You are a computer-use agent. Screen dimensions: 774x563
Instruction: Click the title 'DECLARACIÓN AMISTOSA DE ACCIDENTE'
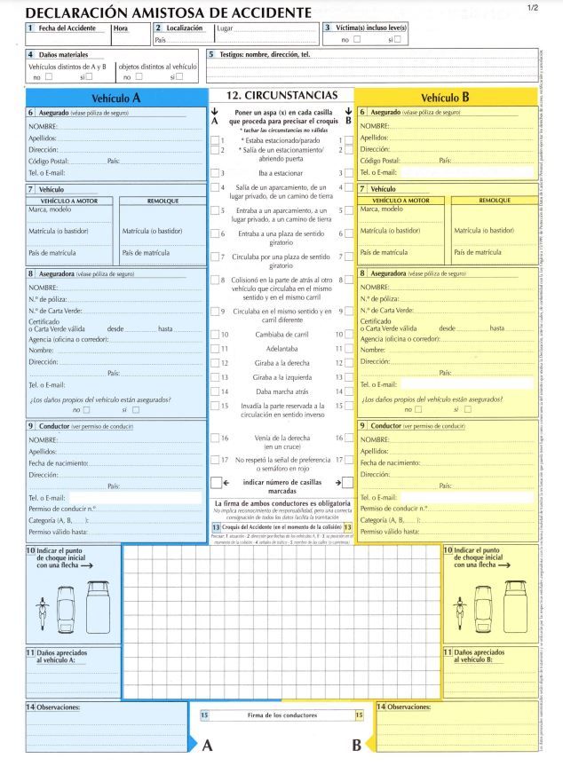[169, 12]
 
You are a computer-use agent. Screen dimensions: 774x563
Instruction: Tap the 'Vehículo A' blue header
[116, 98]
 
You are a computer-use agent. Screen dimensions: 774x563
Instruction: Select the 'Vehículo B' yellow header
[445, 98]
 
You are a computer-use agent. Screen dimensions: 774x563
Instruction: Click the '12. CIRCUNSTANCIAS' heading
[281, 95]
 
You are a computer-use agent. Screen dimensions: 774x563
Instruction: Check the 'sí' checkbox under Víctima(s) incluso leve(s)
[398, 39]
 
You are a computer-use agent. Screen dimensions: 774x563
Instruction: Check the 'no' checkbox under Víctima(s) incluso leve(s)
[357, 39]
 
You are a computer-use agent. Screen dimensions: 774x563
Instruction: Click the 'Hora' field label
[122, 28]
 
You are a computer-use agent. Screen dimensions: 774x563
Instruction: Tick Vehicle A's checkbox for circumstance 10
[216, 335]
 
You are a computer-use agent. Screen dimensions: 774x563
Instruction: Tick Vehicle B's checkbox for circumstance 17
[348, 460]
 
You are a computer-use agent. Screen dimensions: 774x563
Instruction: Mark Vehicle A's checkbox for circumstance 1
[216, 140]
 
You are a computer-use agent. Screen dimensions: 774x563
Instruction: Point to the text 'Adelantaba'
[281, 349]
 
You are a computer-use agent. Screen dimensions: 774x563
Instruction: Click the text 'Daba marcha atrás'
[281, 391]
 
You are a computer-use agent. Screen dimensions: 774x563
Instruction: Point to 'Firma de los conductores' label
[281, 715]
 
